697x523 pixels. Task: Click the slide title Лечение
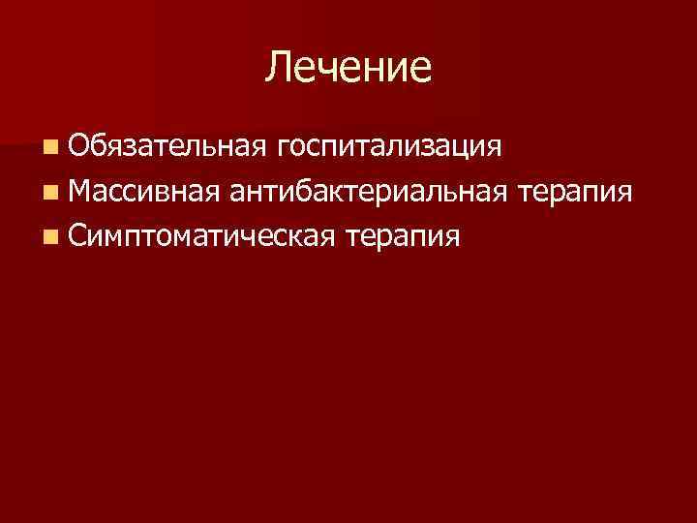click(x=348, y=67)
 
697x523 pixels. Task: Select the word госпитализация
click(x=388, y=148)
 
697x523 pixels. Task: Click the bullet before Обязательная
click(x=49, y=148)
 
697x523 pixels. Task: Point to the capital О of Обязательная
click(x=80, y=147)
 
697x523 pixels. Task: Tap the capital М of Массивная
click(x=82, y=192)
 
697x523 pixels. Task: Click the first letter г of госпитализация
click(x=282, y=150)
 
